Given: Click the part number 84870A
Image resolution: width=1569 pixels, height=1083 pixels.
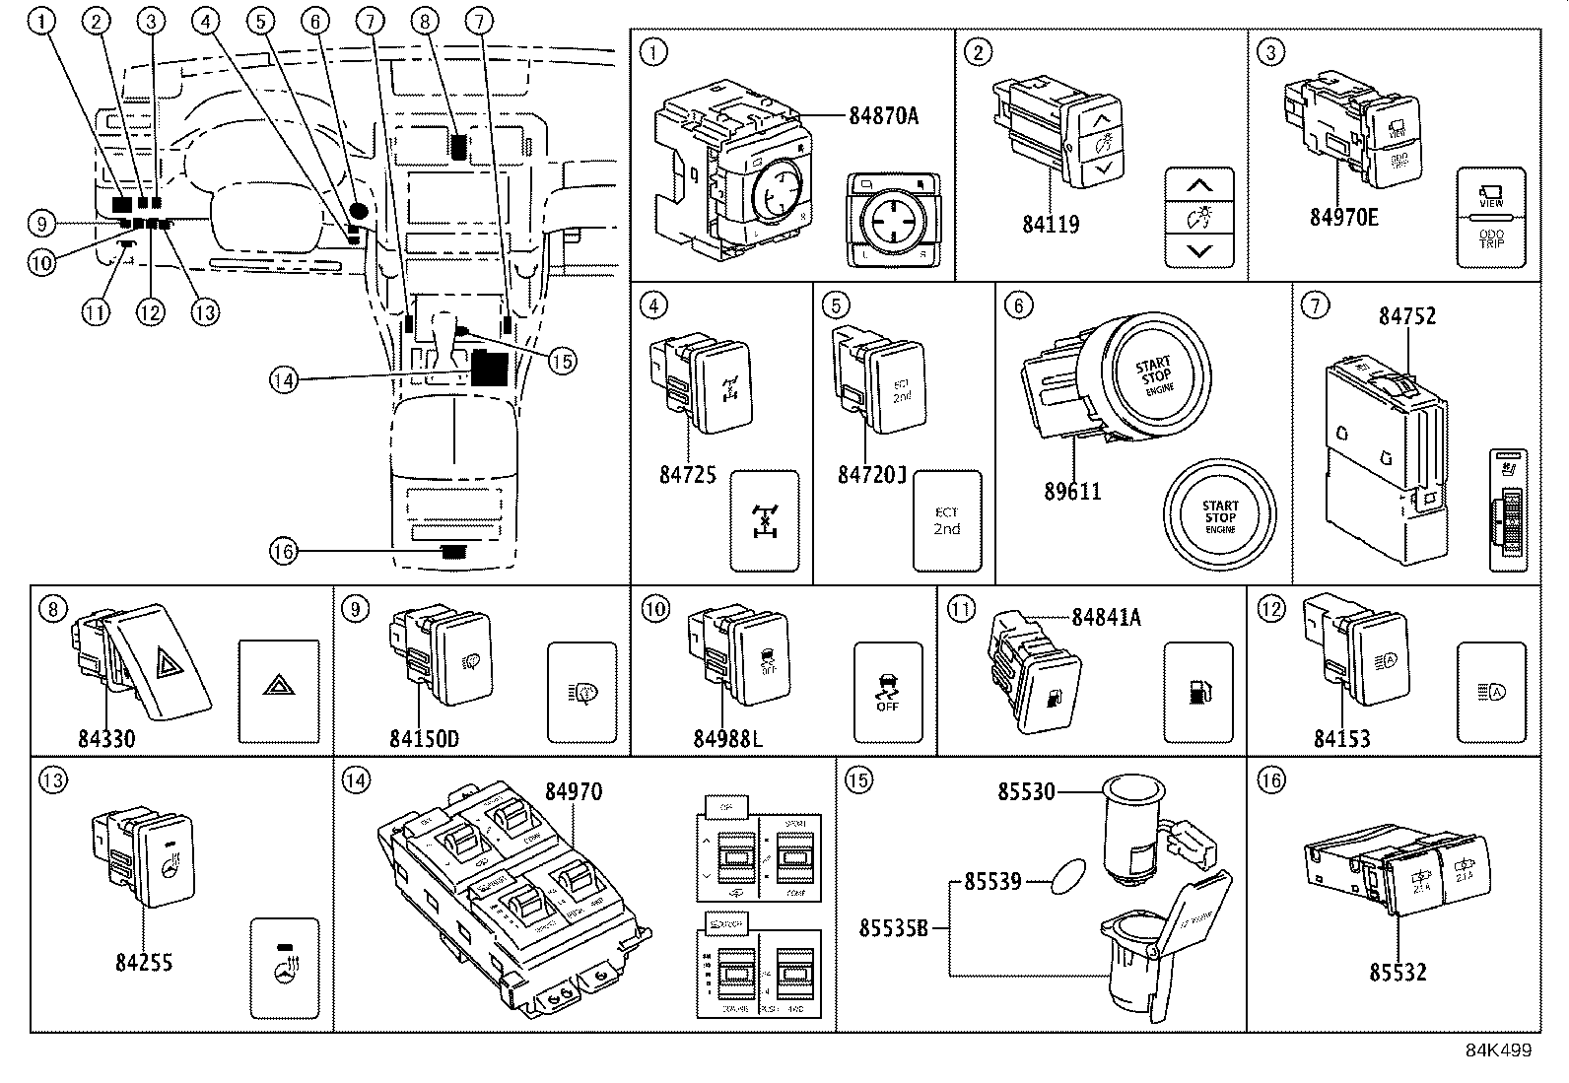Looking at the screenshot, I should click(x=883, y=115).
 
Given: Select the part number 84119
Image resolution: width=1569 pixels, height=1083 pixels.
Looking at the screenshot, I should click(x=1050, y=224).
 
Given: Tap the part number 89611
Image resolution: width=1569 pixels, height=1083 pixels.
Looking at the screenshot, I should click(x=1072, y=490).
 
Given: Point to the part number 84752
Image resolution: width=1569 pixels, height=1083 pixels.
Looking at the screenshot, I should click(x=1407, y=315).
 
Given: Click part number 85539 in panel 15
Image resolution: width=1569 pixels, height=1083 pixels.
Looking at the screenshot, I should click(x=992, y=882).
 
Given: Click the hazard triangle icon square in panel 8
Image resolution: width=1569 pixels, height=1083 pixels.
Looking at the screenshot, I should click(x=279, y=691).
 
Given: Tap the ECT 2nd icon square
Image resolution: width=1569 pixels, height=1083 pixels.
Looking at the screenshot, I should click(x=947, y=521).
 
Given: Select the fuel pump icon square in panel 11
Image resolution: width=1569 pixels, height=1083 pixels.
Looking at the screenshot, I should click(x=1197, y=692).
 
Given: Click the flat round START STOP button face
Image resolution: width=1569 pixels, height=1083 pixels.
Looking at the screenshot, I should click(x=1220, y=517).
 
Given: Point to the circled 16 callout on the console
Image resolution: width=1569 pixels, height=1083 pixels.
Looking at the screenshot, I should click(x=283, y=551).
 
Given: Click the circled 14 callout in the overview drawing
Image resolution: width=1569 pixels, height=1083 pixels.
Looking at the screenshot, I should click(x=284, y=379).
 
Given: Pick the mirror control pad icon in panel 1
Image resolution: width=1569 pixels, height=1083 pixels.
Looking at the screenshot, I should click(x=891, y=222).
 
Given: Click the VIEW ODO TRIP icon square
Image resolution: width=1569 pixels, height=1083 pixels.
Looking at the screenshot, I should click(x=1491, y=217).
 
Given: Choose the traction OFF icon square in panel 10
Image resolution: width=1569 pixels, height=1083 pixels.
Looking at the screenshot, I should click(x=887, y=692).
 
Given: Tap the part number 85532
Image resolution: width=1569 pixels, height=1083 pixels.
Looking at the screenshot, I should click(x=1398, y=972).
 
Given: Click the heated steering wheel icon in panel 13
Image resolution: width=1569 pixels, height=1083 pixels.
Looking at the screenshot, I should click(x=285, y=968).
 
